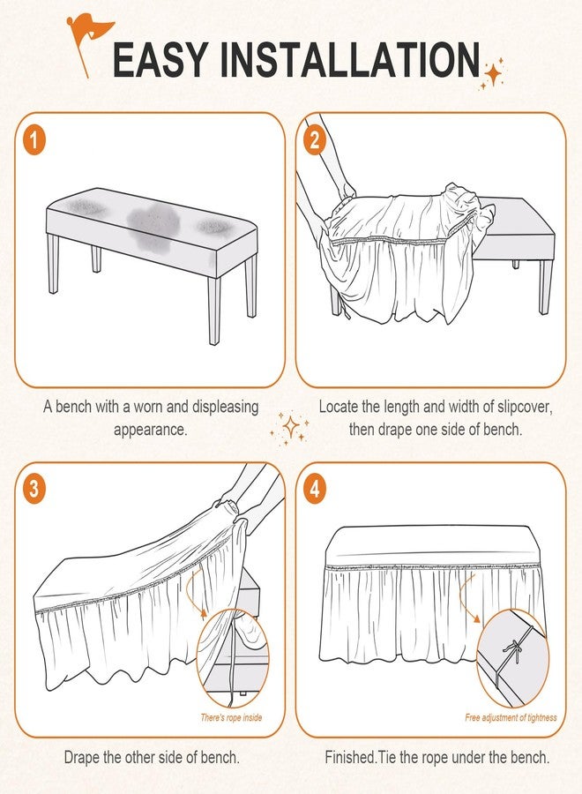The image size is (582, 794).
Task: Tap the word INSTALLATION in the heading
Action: [x=350, y=60]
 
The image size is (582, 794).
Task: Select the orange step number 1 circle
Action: [x=34, y=139]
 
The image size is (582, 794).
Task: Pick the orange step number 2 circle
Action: [x=315, y=139]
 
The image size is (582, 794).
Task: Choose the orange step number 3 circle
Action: [x=34, y=490]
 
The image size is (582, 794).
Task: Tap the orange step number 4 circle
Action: [x=315, y=490]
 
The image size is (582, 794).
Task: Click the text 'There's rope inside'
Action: [x=231, y=717]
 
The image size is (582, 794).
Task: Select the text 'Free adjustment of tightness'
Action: [x=511, y=717]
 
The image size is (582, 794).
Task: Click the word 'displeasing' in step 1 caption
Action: [x=225, y=407]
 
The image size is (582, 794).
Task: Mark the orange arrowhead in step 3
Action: [x=204, y=613]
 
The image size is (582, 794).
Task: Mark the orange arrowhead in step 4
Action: [x=476, y=618]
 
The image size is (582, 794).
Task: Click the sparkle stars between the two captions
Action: [x=289, y=429]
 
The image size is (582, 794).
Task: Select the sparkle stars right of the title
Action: [x=492, y=74]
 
